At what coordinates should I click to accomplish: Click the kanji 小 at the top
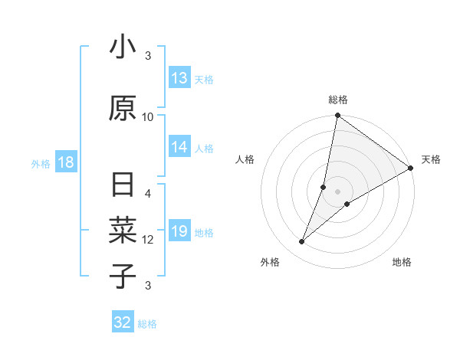(123, 47)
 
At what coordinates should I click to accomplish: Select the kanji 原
(123, 109)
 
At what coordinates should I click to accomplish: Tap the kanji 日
(123, 186)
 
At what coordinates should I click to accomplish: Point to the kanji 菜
(123, 230)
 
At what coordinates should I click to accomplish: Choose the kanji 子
(123, 276)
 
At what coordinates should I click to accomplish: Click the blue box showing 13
(179, 78)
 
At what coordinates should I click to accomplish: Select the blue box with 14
(179, 148)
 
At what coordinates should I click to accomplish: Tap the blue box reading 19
(179, 232)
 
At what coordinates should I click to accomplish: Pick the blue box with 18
(65, 163)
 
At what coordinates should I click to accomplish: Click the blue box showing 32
(123, 322)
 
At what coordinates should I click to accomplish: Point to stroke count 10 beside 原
(148, 116)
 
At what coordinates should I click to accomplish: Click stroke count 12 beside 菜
(148, 240)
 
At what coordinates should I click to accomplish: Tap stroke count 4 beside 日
(148, 194)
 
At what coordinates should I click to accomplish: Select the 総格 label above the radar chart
(338, 100)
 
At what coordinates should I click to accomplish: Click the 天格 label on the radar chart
(431, 159)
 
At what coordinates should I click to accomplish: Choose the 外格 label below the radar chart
(270, 262)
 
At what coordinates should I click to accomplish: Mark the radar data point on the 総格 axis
(337, 116)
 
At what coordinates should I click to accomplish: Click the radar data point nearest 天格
(411, 168)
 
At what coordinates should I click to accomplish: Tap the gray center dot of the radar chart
(337, 191)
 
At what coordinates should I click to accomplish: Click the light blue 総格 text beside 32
(147, 324)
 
